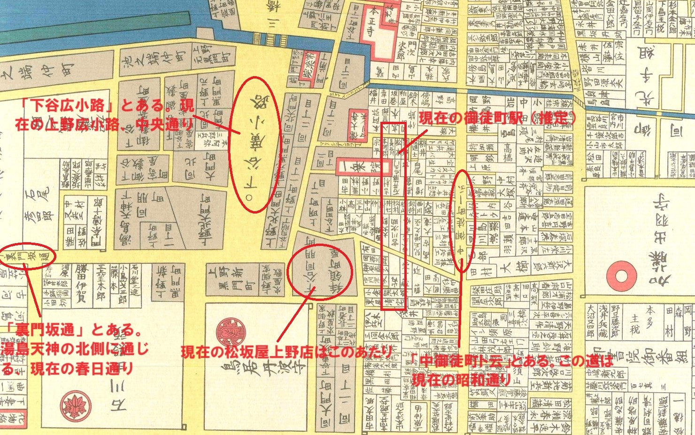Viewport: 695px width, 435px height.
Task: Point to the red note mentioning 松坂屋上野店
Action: (x=286, y=352)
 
